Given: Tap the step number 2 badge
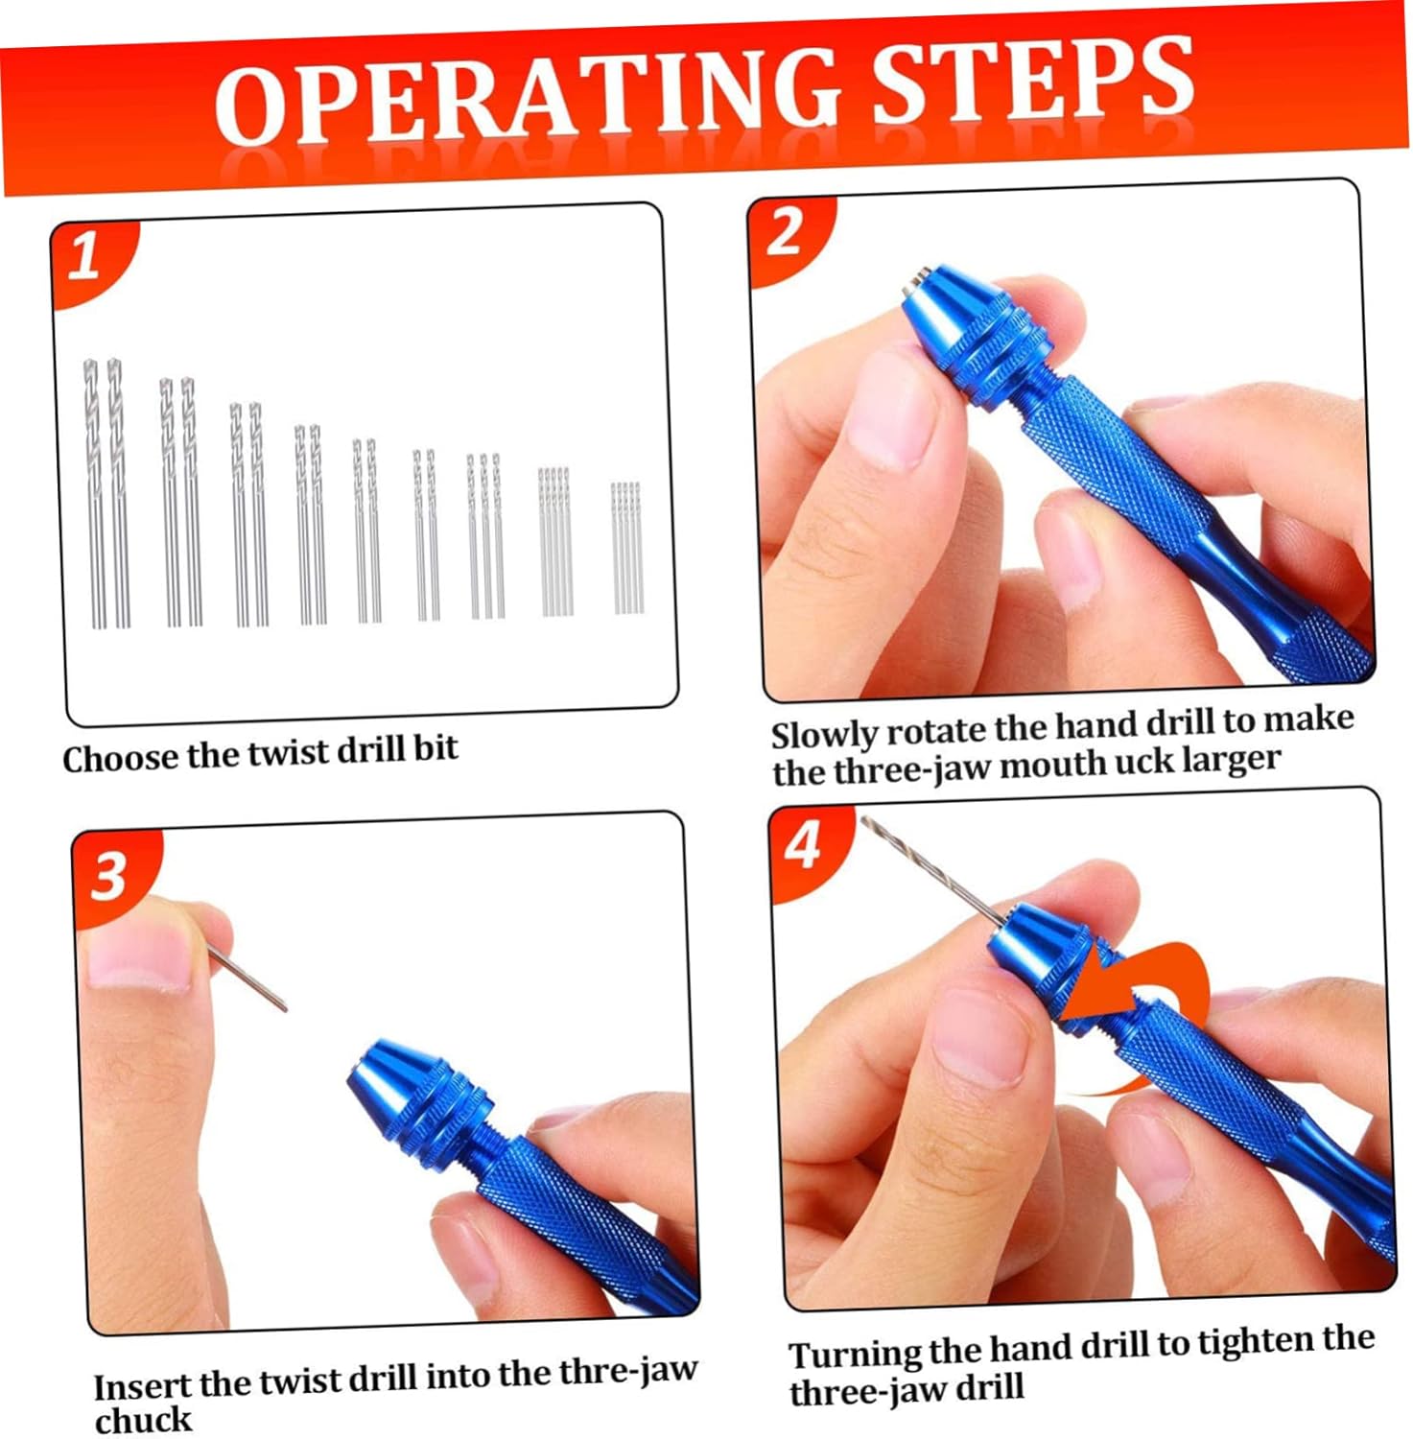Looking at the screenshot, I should tap(785, 233).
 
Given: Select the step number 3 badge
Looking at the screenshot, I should tap(108, 875).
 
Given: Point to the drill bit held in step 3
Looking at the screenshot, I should tap(247, 977).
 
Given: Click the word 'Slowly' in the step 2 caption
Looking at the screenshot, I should tap(823, 736).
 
